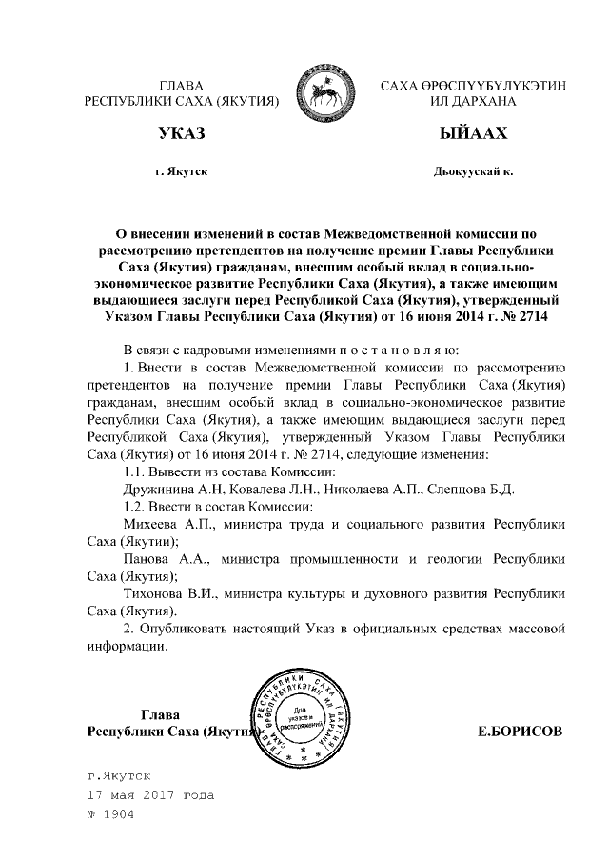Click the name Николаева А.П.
click(374, 490)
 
